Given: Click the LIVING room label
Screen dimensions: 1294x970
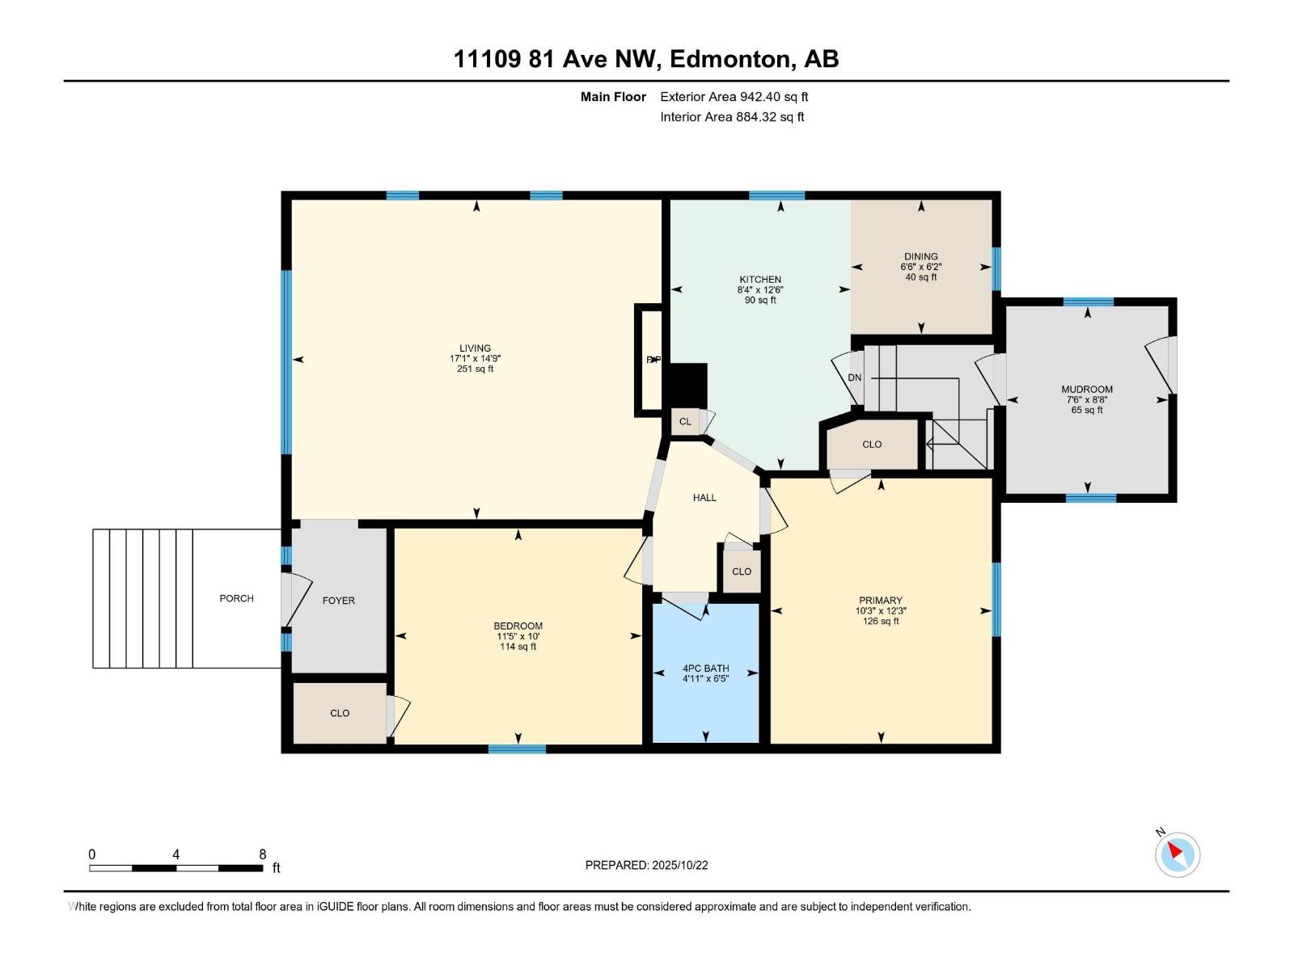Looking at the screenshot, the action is point(475,348).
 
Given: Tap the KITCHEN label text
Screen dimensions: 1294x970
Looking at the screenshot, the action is point(760,279).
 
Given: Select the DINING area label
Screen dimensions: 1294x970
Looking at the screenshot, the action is point(921,256).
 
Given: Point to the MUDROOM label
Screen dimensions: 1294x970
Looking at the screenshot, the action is point(1087,390).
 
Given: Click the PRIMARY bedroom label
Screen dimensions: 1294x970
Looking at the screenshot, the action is point(881,600).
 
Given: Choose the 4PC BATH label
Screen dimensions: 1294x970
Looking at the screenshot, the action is point(706,668).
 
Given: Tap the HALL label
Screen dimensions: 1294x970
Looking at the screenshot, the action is point(704,498).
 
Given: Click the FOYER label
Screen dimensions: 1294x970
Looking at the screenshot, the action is point(338,601).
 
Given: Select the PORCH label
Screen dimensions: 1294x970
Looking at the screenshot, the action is point(236,598).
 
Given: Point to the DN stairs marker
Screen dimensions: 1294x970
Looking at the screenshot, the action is point(854,377).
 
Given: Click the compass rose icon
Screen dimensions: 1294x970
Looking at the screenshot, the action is point(1177,854).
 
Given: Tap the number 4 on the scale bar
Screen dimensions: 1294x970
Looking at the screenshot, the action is point(175,854).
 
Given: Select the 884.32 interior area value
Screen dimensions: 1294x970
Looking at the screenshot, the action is point(756,116).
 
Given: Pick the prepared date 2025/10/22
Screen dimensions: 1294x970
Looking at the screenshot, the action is point(679,865).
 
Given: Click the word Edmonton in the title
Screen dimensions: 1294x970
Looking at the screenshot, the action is point(729,59).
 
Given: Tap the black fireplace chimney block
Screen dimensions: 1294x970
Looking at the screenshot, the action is point(685,386).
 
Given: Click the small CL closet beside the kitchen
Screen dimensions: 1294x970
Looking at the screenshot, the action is point(685,422).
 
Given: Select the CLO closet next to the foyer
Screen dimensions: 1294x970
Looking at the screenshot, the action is point(340,713).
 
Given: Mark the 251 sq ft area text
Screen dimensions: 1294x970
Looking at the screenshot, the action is point(476,369).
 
